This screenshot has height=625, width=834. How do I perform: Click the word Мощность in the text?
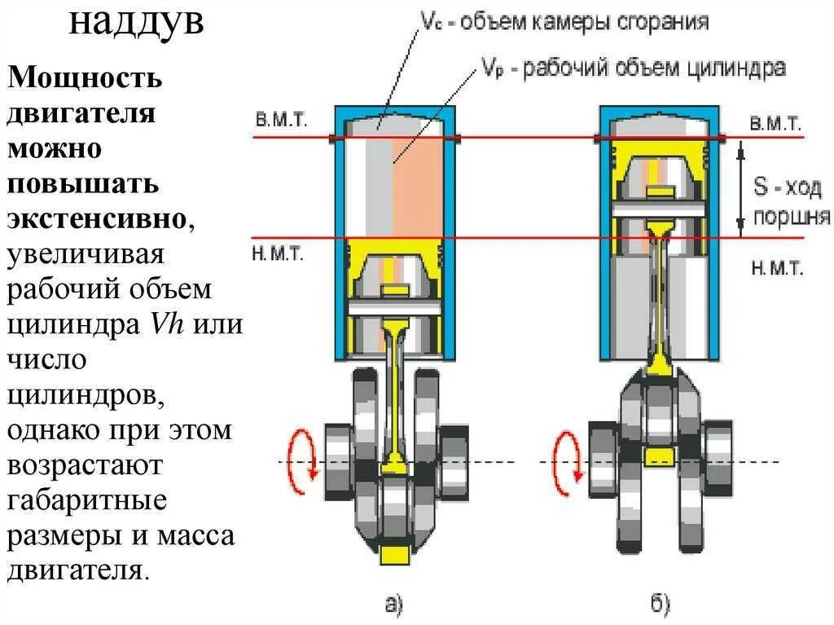[x=86, y=79]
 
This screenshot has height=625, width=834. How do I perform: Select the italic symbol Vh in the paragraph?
[x=166, y=324]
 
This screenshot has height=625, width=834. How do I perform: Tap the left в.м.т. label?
[x=281, y=120]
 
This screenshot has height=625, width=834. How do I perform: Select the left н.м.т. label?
[x=279, y=253]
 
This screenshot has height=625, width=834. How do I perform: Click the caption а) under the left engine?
[x=393, y=604]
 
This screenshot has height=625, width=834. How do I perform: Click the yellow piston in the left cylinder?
[x=395, y=277]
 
